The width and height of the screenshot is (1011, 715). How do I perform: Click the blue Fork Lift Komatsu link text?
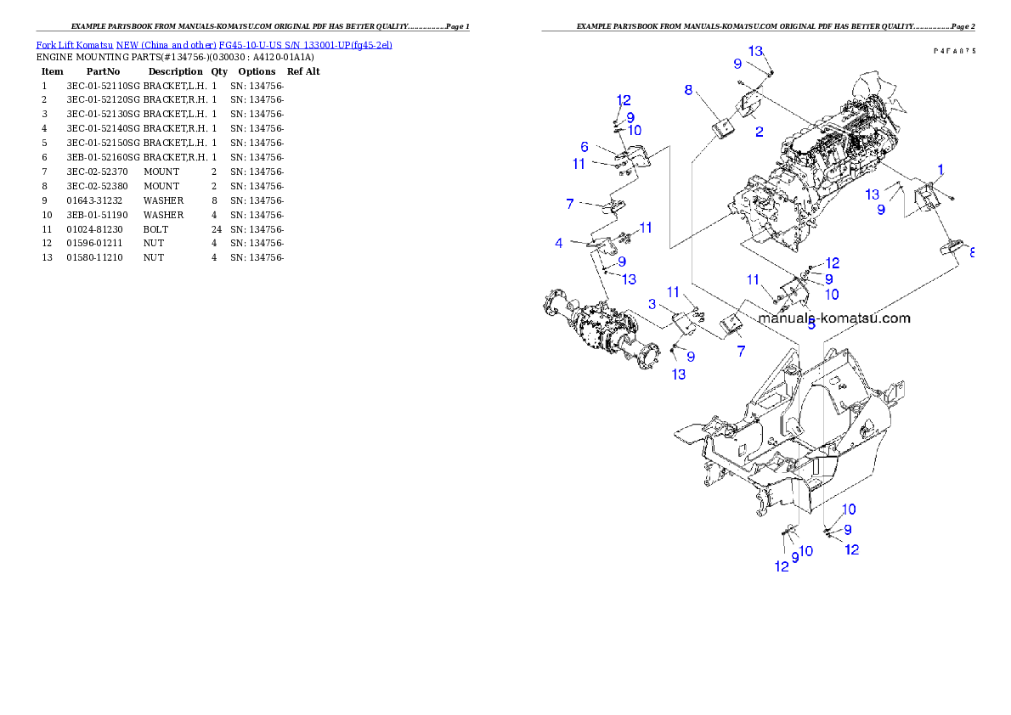[x=213, y=44]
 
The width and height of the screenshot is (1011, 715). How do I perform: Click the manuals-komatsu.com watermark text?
[x=833, y=318]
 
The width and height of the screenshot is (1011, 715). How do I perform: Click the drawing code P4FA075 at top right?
[x=952, y=51]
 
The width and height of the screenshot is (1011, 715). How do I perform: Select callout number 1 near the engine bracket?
[x=940, y=169]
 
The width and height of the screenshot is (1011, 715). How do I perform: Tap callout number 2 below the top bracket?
[x=759, y=132]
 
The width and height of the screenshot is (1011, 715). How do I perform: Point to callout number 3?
[x=652, y=304]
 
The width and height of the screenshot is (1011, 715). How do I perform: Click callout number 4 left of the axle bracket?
[x=559, y=243]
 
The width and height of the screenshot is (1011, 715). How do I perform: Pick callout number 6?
[x=585, y=147]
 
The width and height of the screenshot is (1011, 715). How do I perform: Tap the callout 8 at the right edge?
[x=971, y=252]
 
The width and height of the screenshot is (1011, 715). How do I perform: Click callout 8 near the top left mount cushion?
[x=689, y=89]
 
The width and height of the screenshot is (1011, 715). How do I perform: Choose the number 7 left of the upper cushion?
[x=570, y=203]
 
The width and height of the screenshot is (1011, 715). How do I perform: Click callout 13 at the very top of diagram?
[x=756, y=50]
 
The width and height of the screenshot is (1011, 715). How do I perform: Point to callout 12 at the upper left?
[x=624, y=99]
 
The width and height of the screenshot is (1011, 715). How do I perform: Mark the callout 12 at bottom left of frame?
[x=782, y=566]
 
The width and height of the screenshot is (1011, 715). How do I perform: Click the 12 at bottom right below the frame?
[x=851, y=549]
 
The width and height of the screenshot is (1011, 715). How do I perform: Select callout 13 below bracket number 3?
[x=679, y=374]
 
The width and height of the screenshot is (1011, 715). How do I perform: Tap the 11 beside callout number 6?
[x=579, y=164]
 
